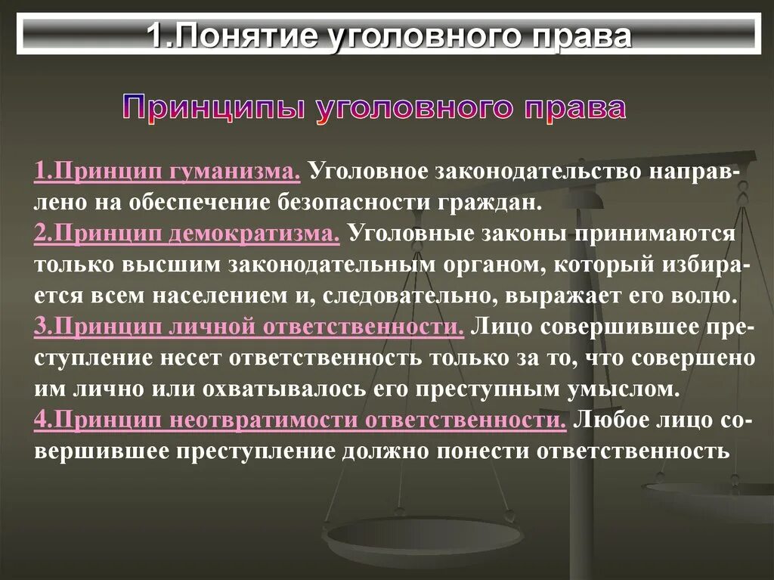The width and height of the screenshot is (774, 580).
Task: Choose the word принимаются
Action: (x=653, y=233)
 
